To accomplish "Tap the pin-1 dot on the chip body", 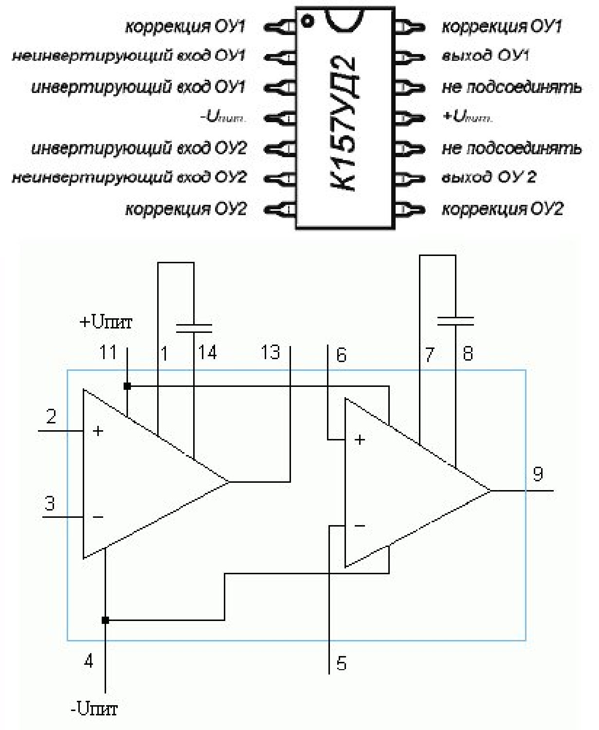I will tap(307, 21).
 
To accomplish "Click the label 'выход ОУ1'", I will tap(485, 55).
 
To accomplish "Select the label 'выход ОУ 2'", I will tap(489, 177).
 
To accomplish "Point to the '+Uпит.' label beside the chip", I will tap(467, 117).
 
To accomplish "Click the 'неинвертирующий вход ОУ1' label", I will tap(128, 56).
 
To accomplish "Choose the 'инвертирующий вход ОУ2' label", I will tap(139, 148).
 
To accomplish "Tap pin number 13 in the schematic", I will tap(271, 352).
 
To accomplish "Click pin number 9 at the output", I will tap(538, 474).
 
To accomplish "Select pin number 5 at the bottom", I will tap(342, 664).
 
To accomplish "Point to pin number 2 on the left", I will tap(51, 417).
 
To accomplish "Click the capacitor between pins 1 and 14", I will tap(194, 328).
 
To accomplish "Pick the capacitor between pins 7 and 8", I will tap(455, 320).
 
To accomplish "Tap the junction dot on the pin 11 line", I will tap(127, 386).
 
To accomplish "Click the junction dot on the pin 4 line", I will tap(105, 620).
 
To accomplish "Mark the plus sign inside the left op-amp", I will tap(98, 431).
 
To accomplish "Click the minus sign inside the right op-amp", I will tap(360, 526).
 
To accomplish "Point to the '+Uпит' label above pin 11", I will tap(106, 322).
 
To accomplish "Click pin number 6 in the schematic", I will tap(341, 355).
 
